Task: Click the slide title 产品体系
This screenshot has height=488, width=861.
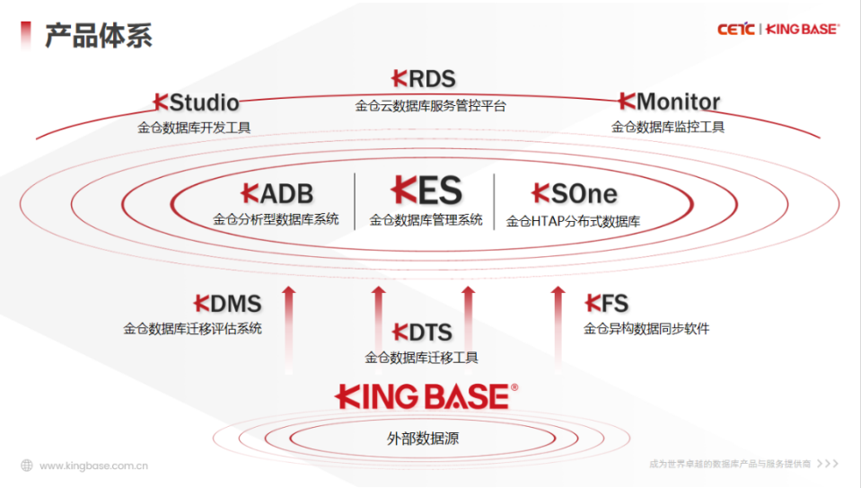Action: pyautogui.click(x=99, y=35)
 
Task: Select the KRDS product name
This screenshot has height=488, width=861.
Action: pyautogui.click(x=424, y=79)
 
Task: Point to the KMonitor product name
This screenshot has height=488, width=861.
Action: pyautogui.click(x=668, y=102)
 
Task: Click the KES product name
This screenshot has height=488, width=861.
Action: pyautogui.click(x=426, y=191)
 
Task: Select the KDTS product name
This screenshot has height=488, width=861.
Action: pyautogui.click(x=422, y=333)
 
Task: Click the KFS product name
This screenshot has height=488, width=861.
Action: pyautogui.click(x=607, y=303)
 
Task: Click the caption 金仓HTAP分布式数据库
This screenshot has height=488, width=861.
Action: pyautogui.click(x=573, y=221)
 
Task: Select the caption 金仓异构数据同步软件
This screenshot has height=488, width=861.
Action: pyautogui.click(x=646, y=329)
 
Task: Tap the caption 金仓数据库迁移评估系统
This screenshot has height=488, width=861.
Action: pyautogui.click(x=193, y=329)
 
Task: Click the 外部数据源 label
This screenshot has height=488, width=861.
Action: pyautogui.click(x=423, y=439)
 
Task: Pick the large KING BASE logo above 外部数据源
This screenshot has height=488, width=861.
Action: pyautogui.click(x=426, y=396)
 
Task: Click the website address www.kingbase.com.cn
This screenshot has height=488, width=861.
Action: pyautogui.click(x=94, y=466)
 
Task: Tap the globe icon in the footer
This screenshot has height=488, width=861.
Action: pyautogui.click(x=27, y=466)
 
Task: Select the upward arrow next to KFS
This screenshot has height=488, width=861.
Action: pyautogui.click(x=558, y=324)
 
